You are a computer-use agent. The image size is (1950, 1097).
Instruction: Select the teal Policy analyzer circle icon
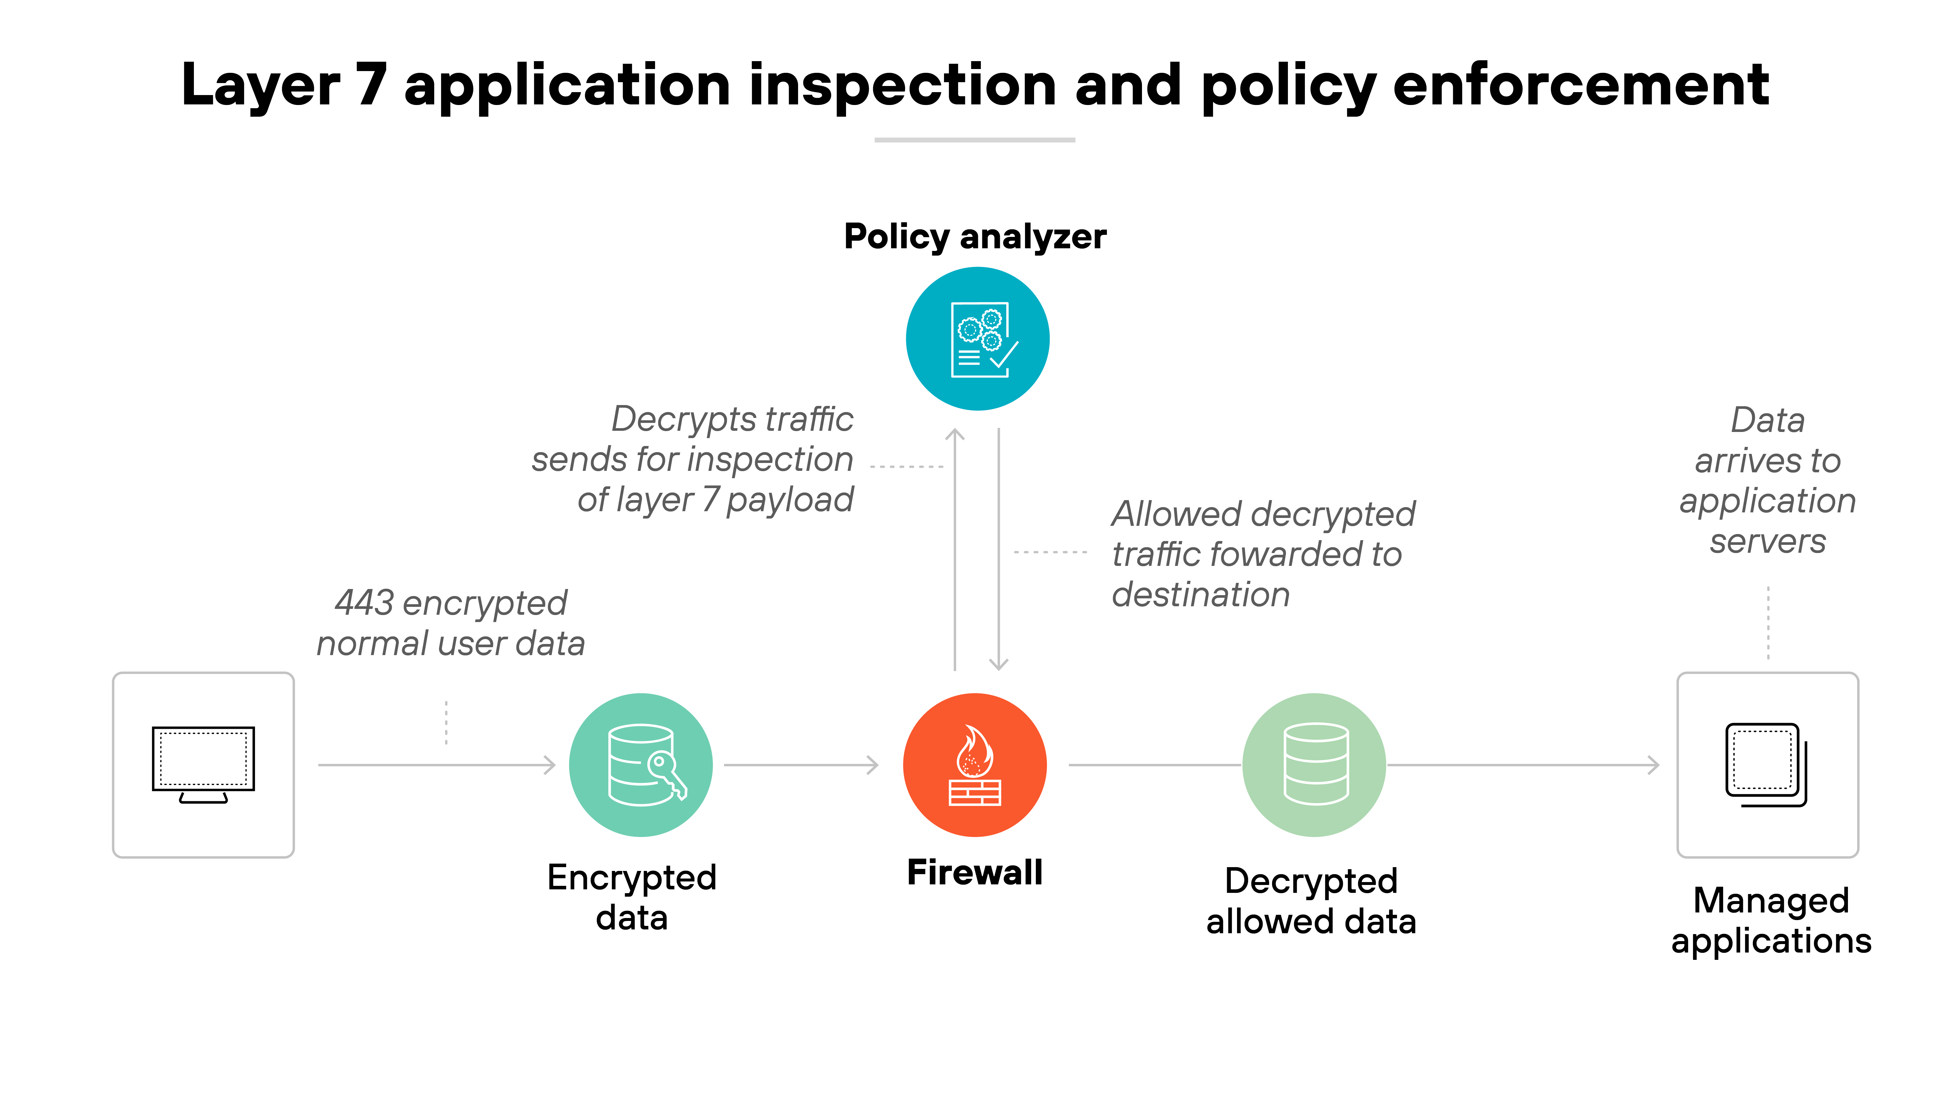[977, 338]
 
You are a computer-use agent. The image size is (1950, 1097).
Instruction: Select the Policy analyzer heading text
[975, 237]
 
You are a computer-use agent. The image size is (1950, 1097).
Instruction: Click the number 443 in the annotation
[364, 603]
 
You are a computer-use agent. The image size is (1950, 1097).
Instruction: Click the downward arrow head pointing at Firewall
[999, 665]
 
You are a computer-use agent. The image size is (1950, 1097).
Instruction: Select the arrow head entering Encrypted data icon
[550, 765]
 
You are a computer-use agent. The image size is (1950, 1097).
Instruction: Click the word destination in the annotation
[1200, 594]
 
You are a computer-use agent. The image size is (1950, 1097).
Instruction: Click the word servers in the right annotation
[1768, 541]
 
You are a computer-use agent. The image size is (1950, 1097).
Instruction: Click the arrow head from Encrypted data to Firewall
[873, 765]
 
